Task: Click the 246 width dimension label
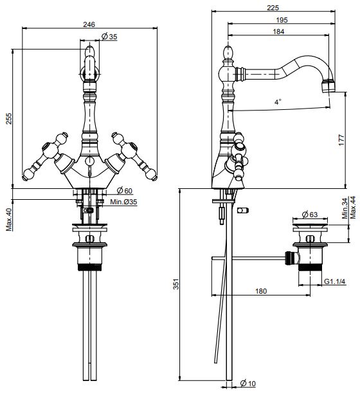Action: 89,24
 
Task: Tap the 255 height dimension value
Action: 9,119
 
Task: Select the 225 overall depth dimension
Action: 273,8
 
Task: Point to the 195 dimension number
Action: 282,20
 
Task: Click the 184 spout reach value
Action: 278,31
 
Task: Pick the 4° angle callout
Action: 278,102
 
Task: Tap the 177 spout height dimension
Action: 341,139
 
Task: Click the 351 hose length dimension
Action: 176,284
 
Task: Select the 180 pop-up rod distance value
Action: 261,291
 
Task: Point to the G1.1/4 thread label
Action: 335,281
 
